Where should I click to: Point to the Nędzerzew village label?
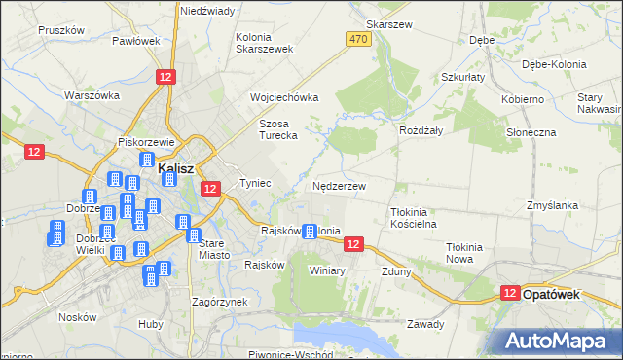click(339, 186)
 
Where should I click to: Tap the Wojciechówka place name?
click(284, 97)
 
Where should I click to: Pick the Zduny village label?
click(396, 271)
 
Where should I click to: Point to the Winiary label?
click(327, 270)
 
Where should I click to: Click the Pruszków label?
click(61, 30)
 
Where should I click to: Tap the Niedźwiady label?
click(206, 11)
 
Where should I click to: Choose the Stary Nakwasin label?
click(598, 104)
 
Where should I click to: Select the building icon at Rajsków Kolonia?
click(310, 232)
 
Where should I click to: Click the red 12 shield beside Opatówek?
click(510, 292)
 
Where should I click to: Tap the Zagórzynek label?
click(219, 302)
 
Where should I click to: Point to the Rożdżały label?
click(421, 129)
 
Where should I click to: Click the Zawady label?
click(425, 324)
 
